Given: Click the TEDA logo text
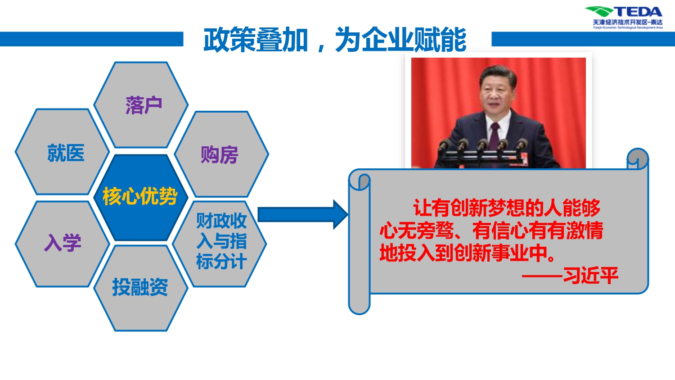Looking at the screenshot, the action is click(638, 12).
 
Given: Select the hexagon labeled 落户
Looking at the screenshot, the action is click(141, 105).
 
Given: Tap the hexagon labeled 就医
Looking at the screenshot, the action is click(63, 152).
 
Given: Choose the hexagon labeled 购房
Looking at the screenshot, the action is click(221, 154).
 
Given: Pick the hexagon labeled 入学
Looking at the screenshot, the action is click(63, 244).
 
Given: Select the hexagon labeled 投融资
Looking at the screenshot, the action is click(141, 288).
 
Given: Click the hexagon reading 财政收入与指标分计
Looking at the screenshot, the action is click(220, 244).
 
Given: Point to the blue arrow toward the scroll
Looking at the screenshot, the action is click(303, 215).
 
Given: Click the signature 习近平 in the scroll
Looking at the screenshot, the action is click(590, 276).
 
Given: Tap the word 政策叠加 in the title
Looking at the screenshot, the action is click(256, 40).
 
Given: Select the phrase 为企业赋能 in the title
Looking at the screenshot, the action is click(401, 40).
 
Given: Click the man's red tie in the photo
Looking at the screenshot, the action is click(494, 136).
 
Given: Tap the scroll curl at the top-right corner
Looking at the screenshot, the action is click(637, 158).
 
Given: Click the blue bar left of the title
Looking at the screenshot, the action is click(92, 39).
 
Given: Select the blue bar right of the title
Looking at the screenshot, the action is click(583, 39).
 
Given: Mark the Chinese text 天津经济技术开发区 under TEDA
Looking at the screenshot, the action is click(621, 23).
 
